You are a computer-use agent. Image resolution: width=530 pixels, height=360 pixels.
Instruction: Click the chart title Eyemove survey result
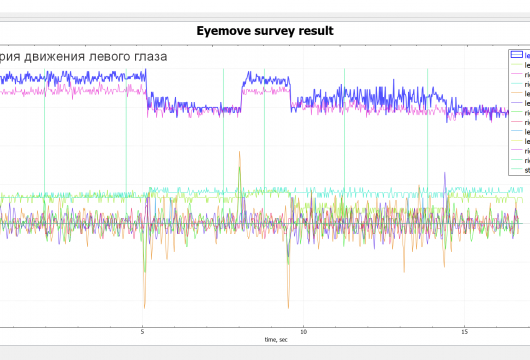(265, 31)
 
